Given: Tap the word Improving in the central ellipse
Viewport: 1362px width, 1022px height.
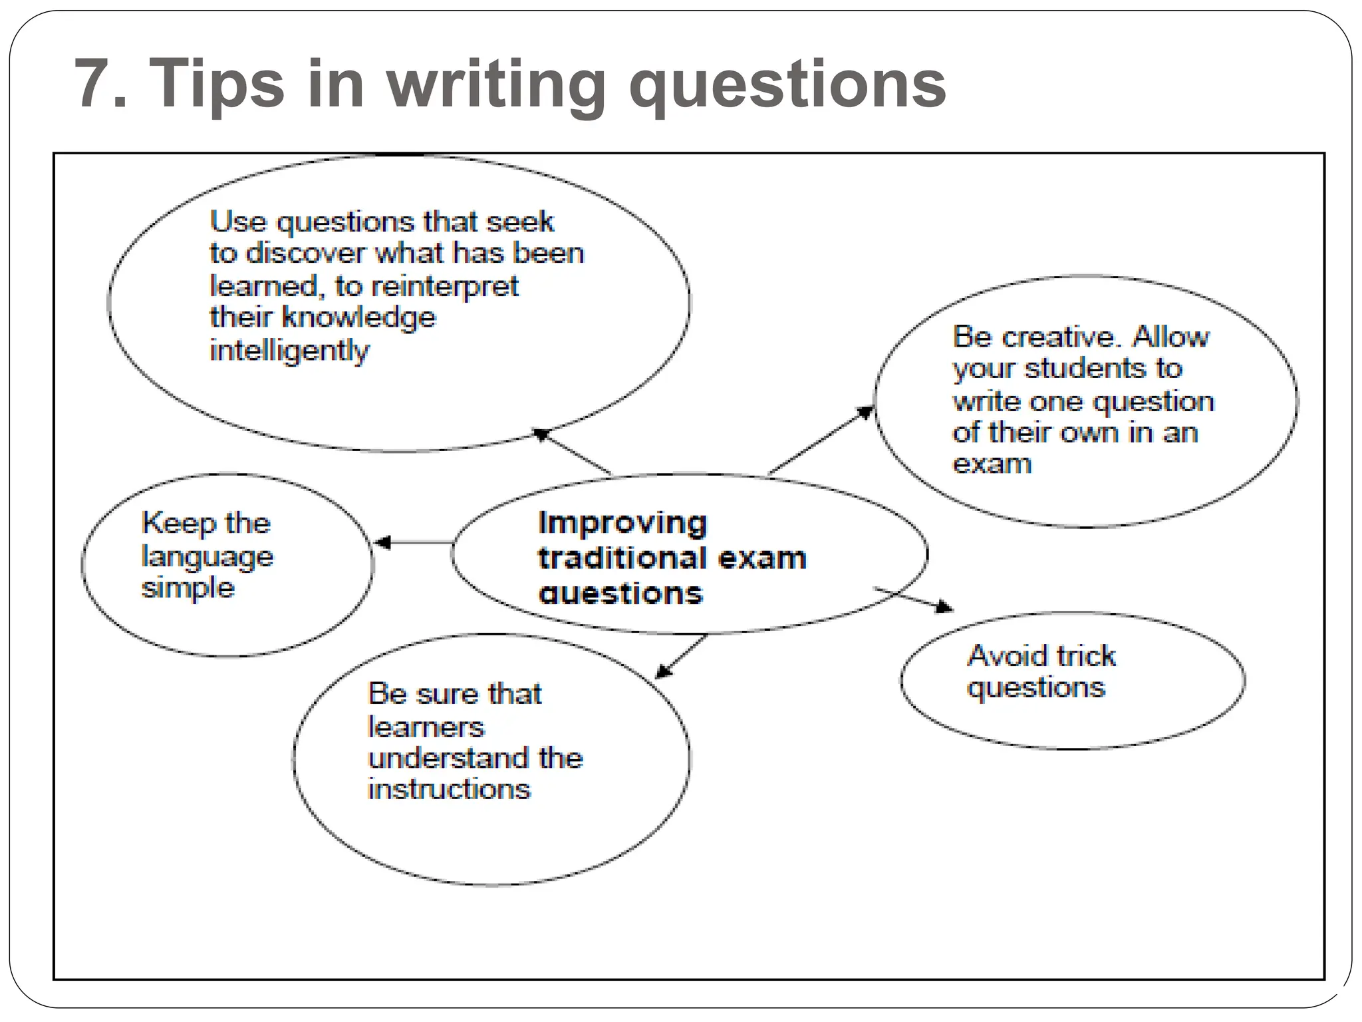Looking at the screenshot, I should pyautogui.click(x=622, y=523).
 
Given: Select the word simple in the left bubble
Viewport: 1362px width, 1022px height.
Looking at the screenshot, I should pyautogui.click(x=188, y=588).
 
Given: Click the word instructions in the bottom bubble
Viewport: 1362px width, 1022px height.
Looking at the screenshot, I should pyautogui.click(x=450, y=790).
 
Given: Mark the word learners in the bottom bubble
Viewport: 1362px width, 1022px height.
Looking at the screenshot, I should pyautogui.click(x=426, y=727).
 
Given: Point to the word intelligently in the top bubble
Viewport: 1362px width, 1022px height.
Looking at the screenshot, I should pyautogui.click(x=289, y=351).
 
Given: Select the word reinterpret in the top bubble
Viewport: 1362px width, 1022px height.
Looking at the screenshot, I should pyautogui.click(x=445, y=287).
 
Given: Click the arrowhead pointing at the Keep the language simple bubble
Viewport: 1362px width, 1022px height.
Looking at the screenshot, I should pyautogui.click(x=382, y=542).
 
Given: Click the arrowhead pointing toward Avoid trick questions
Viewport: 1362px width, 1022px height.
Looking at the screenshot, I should pyautogui.click(x=944, y=606).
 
